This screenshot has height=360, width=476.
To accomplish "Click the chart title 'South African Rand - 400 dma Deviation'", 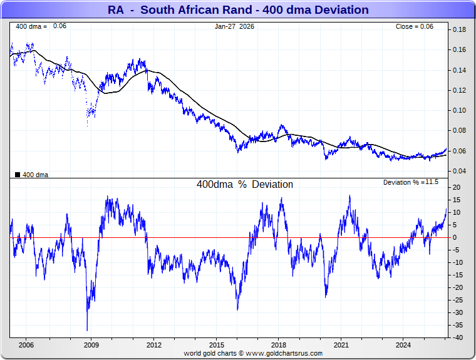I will pos(238,10).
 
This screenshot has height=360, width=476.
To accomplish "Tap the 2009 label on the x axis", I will pos(91,344).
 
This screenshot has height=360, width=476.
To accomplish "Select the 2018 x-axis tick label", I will pos(279,344).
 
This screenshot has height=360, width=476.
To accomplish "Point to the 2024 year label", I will pos(404,344).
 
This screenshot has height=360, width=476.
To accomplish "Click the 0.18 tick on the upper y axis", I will pos(459,30).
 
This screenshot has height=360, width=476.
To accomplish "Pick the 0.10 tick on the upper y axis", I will pos(459,111).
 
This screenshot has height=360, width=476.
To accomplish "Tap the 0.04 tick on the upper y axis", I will pos(459,171).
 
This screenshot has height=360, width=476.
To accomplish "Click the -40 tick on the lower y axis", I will pos(458,337).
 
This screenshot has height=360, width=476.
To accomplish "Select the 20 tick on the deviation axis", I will pos(457,187).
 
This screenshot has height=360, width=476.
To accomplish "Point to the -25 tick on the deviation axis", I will pos(458,300).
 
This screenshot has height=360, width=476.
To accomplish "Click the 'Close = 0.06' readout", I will pos(415,26).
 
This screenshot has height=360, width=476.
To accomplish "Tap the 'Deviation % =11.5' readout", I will pos(411,182).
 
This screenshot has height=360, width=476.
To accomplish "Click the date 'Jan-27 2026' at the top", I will pos(235,26).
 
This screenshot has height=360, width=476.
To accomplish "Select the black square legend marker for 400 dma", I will pos(18,175).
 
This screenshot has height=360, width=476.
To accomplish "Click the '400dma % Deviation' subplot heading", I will pos(244,185).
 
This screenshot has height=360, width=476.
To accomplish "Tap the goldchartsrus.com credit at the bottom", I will pos(253,353).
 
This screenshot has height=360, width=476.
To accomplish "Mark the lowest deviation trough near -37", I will pos(87,330).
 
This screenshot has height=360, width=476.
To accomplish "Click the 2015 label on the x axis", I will pos(216,344).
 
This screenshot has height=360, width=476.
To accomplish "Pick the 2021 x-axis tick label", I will pos(341,344).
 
